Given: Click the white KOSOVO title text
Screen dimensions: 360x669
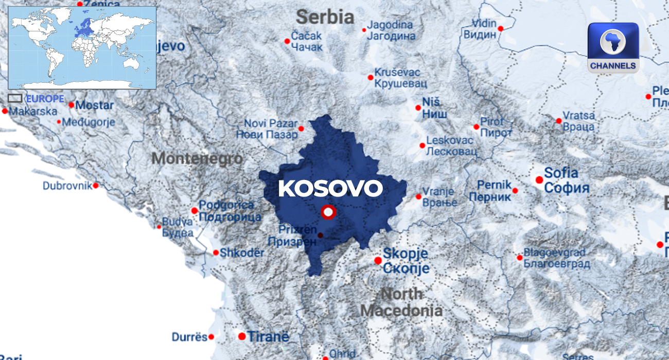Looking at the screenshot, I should [x=330, y=188].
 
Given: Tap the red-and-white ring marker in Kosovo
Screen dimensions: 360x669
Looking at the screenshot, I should [x=328, y=212].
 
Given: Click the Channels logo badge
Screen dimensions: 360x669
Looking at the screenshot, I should [x=613, y=47].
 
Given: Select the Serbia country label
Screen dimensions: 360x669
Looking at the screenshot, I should [x=325, y=17].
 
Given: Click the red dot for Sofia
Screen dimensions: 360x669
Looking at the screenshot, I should [x=539, y=179].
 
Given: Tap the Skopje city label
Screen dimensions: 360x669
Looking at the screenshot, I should [x=406, y=261].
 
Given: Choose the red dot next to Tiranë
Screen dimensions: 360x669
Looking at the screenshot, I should [x=242, y=336].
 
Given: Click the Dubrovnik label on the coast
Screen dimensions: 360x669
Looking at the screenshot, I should [x=67, y=186].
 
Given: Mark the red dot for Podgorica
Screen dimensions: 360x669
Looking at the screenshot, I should [x=195, y=210].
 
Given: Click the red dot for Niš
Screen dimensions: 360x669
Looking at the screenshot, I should [x=418, y=108].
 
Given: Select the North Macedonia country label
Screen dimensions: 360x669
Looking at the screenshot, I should [x=401, y=302].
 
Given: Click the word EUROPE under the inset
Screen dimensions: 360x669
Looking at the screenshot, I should [x=45, y=99].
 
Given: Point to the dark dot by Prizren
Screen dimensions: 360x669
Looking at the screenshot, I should [x=320, y=235].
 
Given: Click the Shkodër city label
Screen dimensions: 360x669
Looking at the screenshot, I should [x=242, y=253].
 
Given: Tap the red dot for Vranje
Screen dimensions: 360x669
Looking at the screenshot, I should [x=418, y=196].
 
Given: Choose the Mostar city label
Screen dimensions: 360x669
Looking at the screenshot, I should [x=95, y=105].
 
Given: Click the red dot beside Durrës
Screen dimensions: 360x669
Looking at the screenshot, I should [x=211, y=337].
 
